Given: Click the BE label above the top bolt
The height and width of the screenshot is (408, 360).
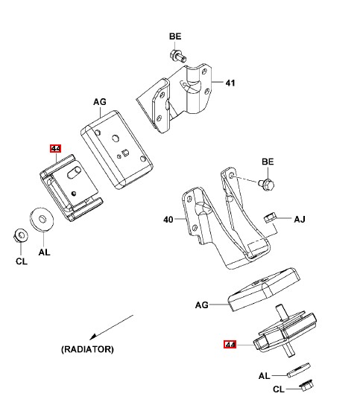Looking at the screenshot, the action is click(175, 36).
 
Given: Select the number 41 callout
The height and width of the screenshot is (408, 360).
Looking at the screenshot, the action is click(230, 83).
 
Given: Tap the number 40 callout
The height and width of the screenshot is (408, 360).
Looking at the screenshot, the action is click(168, 220).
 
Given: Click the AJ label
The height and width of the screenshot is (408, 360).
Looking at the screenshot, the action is click(300, 220).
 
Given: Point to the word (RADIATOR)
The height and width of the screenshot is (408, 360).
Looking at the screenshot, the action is click(87, 349).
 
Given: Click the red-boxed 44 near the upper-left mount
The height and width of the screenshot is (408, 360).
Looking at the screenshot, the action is click(55, 149).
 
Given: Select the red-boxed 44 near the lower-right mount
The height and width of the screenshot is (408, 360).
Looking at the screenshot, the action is click(230, 345).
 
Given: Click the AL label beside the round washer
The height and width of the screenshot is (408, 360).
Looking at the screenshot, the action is click(44, 252).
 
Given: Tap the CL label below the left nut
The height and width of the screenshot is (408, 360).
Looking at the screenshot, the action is click(22, 261).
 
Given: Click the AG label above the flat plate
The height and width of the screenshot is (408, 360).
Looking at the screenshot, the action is click(100, 102).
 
